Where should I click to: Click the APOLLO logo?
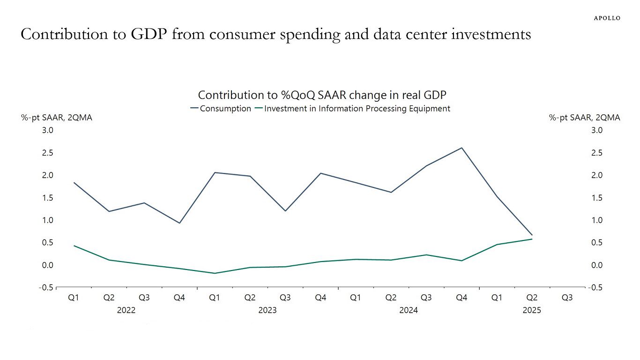click(x=607, y=18)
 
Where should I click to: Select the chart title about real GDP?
click(x=322, y=95)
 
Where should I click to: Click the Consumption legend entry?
click(x=221, y=108)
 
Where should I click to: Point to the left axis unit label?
click(x=57, y=118)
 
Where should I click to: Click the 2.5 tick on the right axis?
click(x=596, y=153)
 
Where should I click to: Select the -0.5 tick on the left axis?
click(x=46, y=287)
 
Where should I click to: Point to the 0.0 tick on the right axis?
click(x=596, y=265)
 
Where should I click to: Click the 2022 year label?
click(x=127, y=310)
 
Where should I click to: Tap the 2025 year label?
click(x=532, y=310)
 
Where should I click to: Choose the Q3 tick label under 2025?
click(x=567, y=297)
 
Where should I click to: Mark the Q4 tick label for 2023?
click(x=320, y=297)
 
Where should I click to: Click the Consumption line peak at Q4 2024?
click(x=462, y=148)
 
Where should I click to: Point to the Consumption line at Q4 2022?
click(x=179, y=223)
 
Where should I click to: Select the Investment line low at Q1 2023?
click(x=215, y=273)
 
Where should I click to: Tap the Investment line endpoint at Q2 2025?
click(x=532, y=239)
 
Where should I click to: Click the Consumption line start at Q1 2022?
click(x=74, y=183)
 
